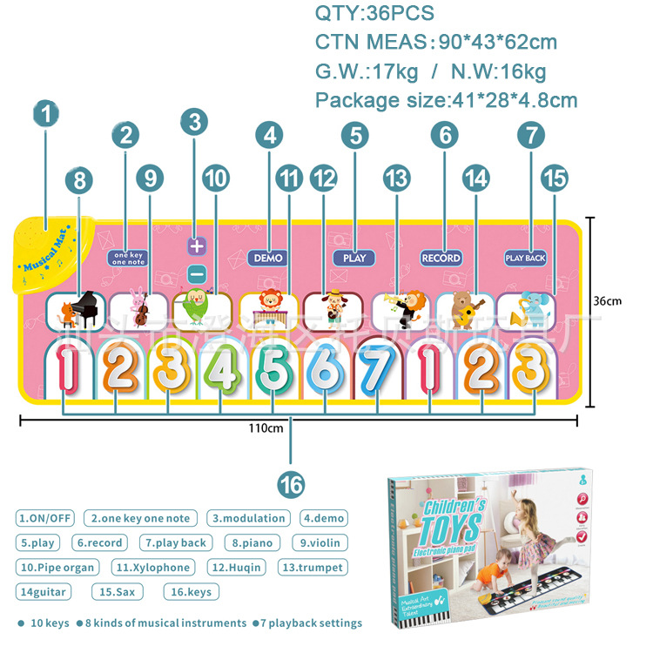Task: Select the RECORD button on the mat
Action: (441, 258)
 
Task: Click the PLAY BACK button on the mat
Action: (525, 258)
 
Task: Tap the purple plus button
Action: (196, 246)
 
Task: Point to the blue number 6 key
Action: (324, 373)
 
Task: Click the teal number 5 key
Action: (273, 373)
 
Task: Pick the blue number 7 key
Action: (376, 373)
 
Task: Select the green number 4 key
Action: (222, 373)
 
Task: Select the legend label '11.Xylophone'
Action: (152, 567)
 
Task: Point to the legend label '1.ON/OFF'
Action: (44, 518)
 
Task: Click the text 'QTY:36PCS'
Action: (374, 14)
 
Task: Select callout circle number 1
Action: (47, 112)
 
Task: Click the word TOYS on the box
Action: (452, 527)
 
